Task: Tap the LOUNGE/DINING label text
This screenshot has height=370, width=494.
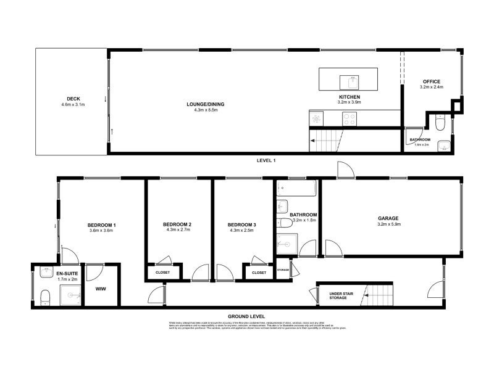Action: [x=205, y=104]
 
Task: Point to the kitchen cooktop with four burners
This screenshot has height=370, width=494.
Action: [x=350, y=118]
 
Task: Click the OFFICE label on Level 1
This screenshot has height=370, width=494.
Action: [x=432, y=81]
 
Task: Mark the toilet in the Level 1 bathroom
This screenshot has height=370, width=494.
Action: [x=439, y=125]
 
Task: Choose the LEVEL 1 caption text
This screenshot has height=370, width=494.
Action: [x=266, y=160]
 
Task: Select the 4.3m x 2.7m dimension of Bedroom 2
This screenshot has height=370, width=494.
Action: [x=177, y=230]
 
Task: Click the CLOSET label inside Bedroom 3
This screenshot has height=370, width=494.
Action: [x=259, y=272]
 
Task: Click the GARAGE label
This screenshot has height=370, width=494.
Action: [x=388, y=218]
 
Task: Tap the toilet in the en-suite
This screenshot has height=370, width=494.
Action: [x=44, y=298]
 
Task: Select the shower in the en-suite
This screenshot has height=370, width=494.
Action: [x=69, y=295]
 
